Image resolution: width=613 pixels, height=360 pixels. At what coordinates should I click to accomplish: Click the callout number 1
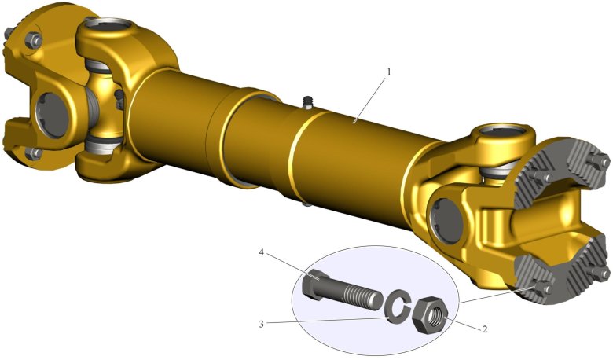point(388,72)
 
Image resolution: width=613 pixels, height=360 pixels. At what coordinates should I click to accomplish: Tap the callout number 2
point(485,329)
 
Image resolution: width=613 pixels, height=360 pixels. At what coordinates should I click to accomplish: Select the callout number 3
point(262,324)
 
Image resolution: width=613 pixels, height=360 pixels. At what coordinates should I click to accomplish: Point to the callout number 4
point(262,253)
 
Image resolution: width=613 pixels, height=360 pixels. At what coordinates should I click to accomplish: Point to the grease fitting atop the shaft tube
point(308,101)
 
